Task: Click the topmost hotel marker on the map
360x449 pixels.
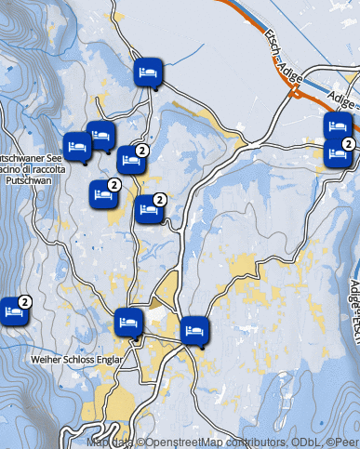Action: [x=148, y=72]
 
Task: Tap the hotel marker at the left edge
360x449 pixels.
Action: [x=14, y=311]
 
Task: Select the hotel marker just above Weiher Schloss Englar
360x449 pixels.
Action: [x=129, y=324]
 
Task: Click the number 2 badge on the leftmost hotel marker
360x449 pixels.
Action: [x=26, y=301]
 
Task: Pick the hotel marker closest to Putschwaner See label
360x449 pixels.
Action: [x=78, y=146]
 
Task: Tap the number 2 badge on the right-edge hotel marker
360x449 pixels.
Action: [x=348, y=143]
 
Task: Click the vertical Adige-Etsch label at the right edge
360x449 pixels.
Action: [x=354, y=297]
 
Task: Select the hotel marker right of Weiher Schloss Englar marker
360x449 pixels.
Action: [x=193, y=330]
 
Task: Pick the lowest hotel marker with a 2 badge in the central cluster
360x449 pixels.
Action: [x=148, y=210]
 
